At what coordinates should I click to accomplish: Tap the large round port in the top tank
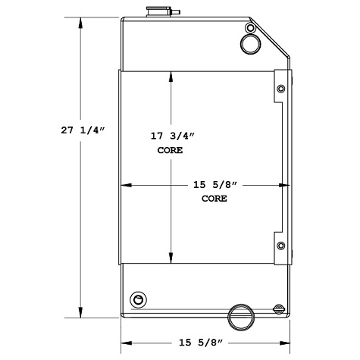click(x=251, y=44)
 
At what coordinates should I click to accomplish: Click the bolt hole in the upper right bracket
click(x=281, y=89)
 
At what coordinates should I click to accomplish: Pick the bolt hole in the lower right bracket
click(x=281, y=246)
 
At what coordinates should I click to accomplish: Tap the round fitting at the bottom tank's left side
click(x=137, y=297)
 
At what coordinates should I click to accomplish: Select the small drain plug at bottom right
click(x=279, y=308)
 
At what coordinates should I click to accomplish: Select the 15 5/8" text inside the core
click(x=215, y=184)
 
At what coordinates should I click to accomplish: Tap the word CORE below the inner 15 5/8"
click(x=214, y=198)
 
